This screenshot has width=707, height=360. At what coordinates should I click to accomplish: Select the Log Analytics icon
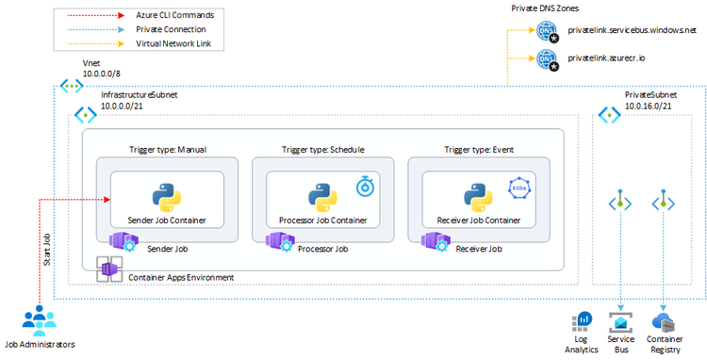click(x=582, y=323)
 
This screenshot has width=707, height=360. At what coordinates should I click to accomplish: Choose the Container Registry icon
click(x=665, y=322)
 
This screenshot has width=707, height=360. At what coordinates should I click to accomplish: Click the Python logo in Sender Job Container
click(x=167, y=199)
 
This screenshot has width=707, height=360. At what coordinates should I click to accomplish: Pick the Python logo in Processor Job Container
click(x=321, y=199)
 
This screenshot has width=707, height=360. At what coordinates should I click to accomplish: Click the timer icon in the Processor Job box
click(x=365, y=187)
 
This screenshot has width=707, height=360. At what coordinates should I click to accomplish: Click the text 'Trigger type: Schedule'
click(x=322, y=149)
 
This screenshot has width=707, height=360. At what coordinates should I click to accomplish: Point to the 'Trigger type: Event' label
click(x=478, y=149)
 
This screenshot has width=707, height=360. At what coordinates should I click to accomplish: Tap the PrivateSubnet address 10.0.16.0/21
click(x=649, y=107)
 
